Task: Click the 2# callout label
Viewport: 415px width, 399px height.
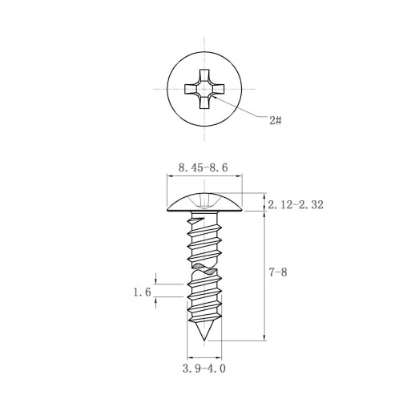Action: [276, 120]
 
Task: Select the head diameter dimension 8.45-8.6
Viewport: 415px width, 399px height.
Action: [203, 167]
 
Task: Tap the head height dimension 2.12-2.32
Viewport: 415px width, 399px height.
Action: [296, 205]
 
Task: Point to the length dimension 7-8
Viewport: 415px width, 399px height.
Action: [278, 272]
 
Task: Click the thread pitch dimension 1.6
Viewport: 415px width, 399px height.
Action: [142, 292]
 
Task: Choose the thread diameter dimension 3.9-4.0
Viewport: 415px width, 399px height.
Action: [204, 369]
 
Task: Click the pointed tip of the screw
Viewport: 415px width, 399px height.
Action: [204, 341]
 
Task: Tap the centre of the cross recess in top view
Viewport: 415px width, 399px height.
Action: [204, 89]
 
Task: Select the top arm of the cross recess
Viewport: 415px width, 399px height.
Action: [204, 75]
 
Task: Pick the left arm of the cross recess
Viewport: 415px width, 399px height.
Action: [191, 89]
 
